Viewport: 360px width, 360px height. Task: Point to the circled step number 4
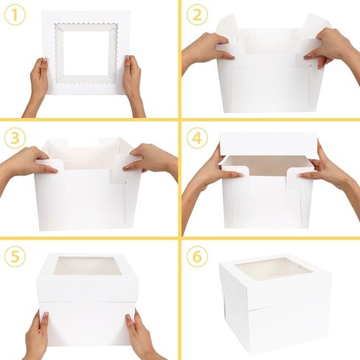[x=195, y=137]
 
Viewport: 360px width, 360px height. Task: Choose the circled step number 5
[x=15, y=257]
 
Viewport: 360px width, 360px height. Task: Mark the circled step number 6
[x=195, y=257]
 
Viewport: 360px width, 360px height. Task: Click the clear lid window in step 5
[x=88, y=266]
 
